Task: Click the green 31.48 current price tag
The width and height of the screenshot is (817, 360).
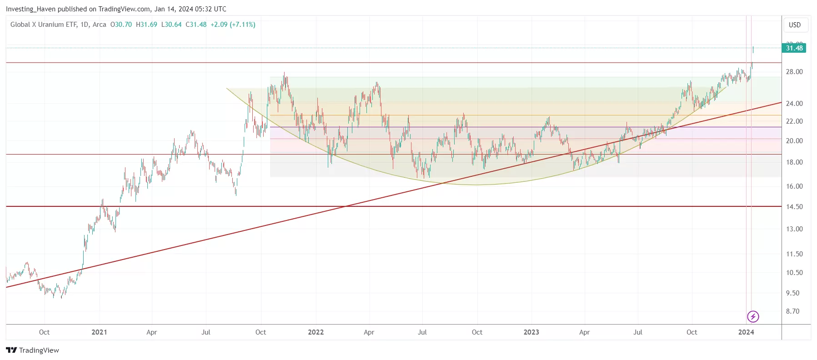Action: pos(794,48)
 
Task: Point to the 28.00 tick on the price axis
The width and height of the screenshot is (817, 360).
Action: pos(794,72)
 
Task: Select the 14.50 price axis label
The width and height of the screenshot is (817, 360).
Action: pos(794,207)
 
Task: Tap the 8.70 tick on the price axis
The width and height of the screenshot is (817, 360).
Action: pos(792,311)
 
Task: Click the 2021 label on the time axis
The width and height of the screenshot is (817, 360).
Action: pos(99,332)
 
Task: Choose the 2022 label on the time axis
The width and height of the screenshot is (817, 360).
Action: pos(316,332)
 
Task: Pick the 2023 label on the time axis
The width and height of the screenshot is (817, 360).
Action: pos(531,332)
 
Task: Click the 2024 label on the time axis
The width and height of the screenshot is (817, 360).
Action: pos(746,332)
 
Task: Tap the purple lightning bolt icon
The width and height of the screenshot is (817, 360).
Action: pos(753,316)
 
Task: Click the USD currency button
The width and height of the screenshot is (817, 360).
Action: pos(794,25)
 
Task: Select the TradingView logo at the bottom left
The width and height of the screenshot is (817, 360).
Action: pos(33,350)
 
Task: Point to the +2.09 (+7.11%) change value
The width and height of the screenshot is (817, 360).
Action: pos(233,25)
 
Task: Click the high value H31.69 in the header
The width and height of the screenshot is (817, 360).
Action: pos(146,25)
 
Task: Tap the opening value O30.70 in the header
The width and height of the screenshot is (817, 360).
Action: pos(121,25)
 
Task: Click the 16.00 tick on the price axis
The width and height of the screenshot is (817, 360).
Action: pos(794,186)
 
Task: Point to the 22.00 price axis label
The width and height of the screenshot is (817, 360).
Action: pos(794,121)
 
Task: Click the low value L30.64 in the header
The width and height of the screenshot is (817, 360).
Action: pos(171,25)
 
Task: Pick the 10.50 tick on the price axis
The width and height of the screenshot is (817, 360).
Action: pos(794,273)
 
